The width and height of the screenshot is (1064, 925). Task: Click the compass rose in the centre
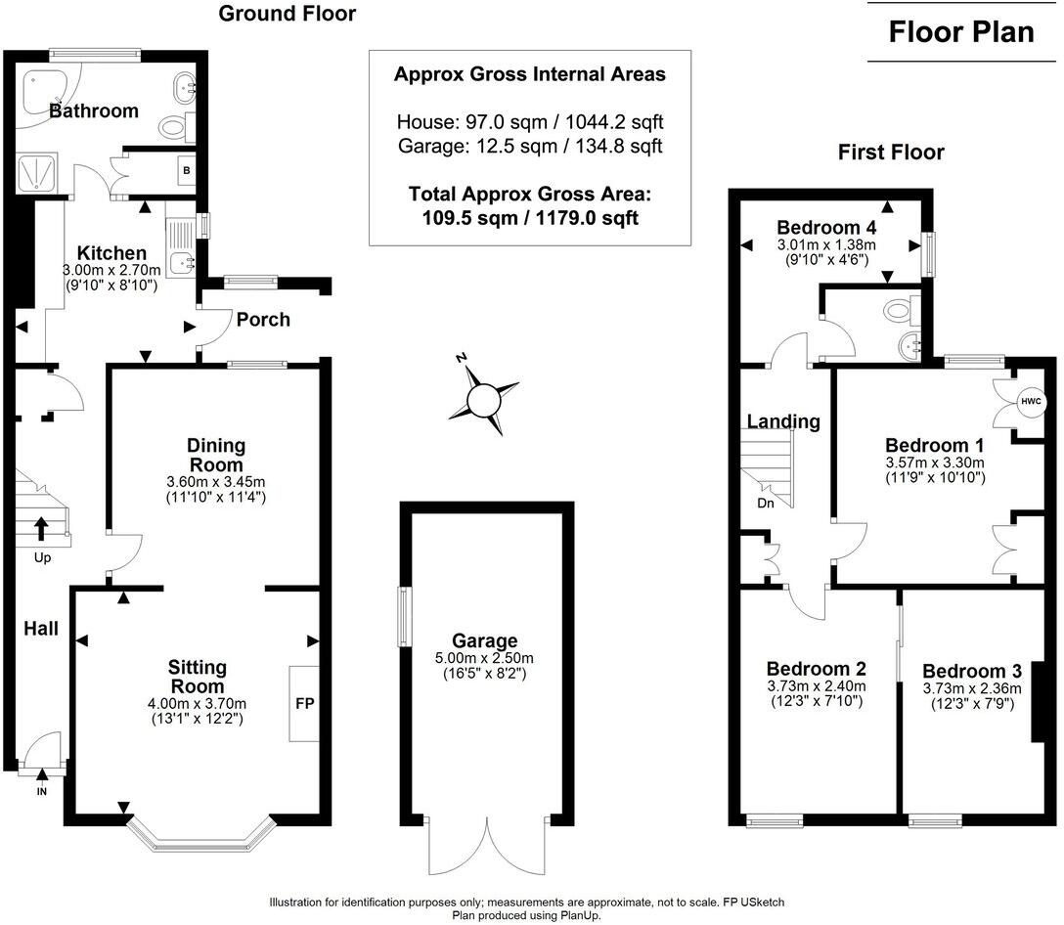[483, 399]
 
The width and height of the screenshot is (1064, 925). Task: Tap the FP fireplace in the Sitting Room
[304, 703]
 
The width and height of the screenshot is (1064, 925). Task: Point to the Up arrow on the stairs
[41, 529]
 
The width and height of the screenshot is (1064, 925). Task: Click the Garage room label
[484, 641]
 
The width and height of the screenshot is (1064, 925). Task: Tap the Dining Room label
[216, 456]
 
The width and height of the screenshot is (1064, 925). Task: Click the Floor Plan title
[960, 31]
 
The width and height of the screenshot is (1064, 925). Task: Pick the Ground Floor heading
[287, 14]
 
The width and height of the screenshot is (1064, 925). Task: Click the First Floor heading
[891, 153]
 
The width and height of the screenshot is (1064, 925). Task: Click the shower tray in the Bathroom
[38, 174]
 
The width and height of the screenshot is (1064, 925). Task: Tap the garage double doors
[484, 847]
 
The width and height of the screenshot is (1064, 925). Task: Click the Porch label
[263, 320]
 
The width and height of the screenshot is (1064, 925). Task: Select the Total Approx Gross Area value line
[529, 218]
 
